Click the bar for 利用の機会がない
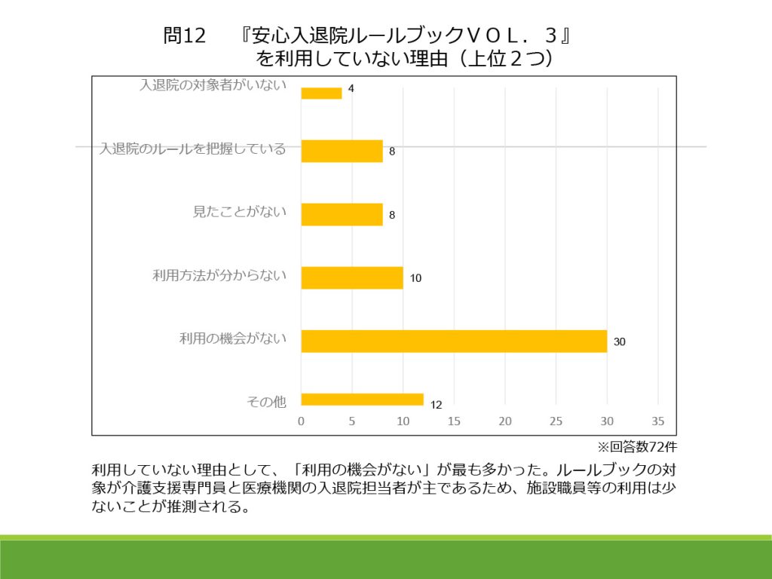454,341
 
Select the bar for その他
362,400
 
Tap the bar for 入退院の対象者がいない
321,93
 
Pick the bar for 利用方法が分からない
352,277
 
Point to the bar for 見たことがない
342,214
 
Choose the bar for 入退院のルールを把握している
342,151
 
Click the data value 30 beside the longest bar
620,342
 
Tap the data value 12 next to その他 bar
436,405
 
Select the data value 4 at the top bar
351,89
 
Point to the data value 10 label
415,278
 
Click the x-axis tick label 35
657,421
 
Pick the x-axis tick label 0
302,421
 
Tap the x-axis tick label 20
505,421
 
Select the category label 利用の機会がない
233,339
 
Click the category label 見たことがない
240,212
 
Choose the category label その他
267,402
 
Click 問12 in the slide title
185,35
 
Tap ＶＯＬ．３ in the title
512,35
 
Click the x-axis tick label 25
556,421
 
